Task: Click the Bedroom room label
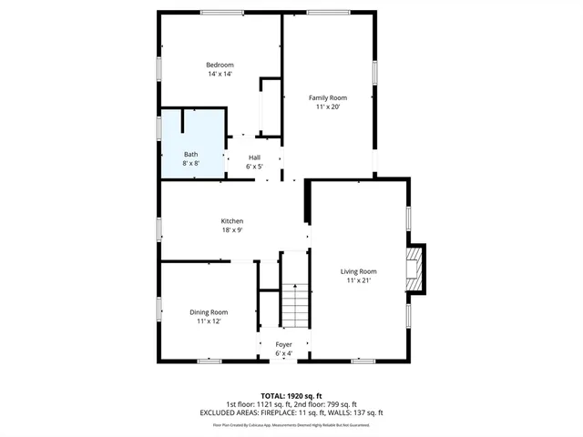220,65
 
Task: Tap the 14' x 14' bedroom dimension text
220,74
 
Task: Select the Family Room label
327,97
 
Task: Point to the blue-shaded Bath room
192,144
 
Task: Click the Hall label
254,158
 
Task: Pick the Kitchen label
231,221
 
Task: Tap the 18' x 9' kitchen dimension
231,230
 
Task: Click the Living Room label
358,271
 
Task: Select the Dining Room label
208,312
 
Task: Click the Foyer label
283,344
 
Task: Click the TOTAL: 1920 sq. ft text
291,396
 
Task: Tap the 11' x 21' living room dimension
358,280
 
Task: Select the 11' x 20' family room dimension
327,107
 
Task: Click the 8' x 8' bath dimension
190,163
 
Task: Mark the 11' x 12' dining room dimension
208,321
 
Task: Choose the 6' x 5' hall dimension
254,167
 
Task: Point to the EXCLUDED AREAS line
291,412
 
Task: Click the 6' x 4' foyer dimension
283,353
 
